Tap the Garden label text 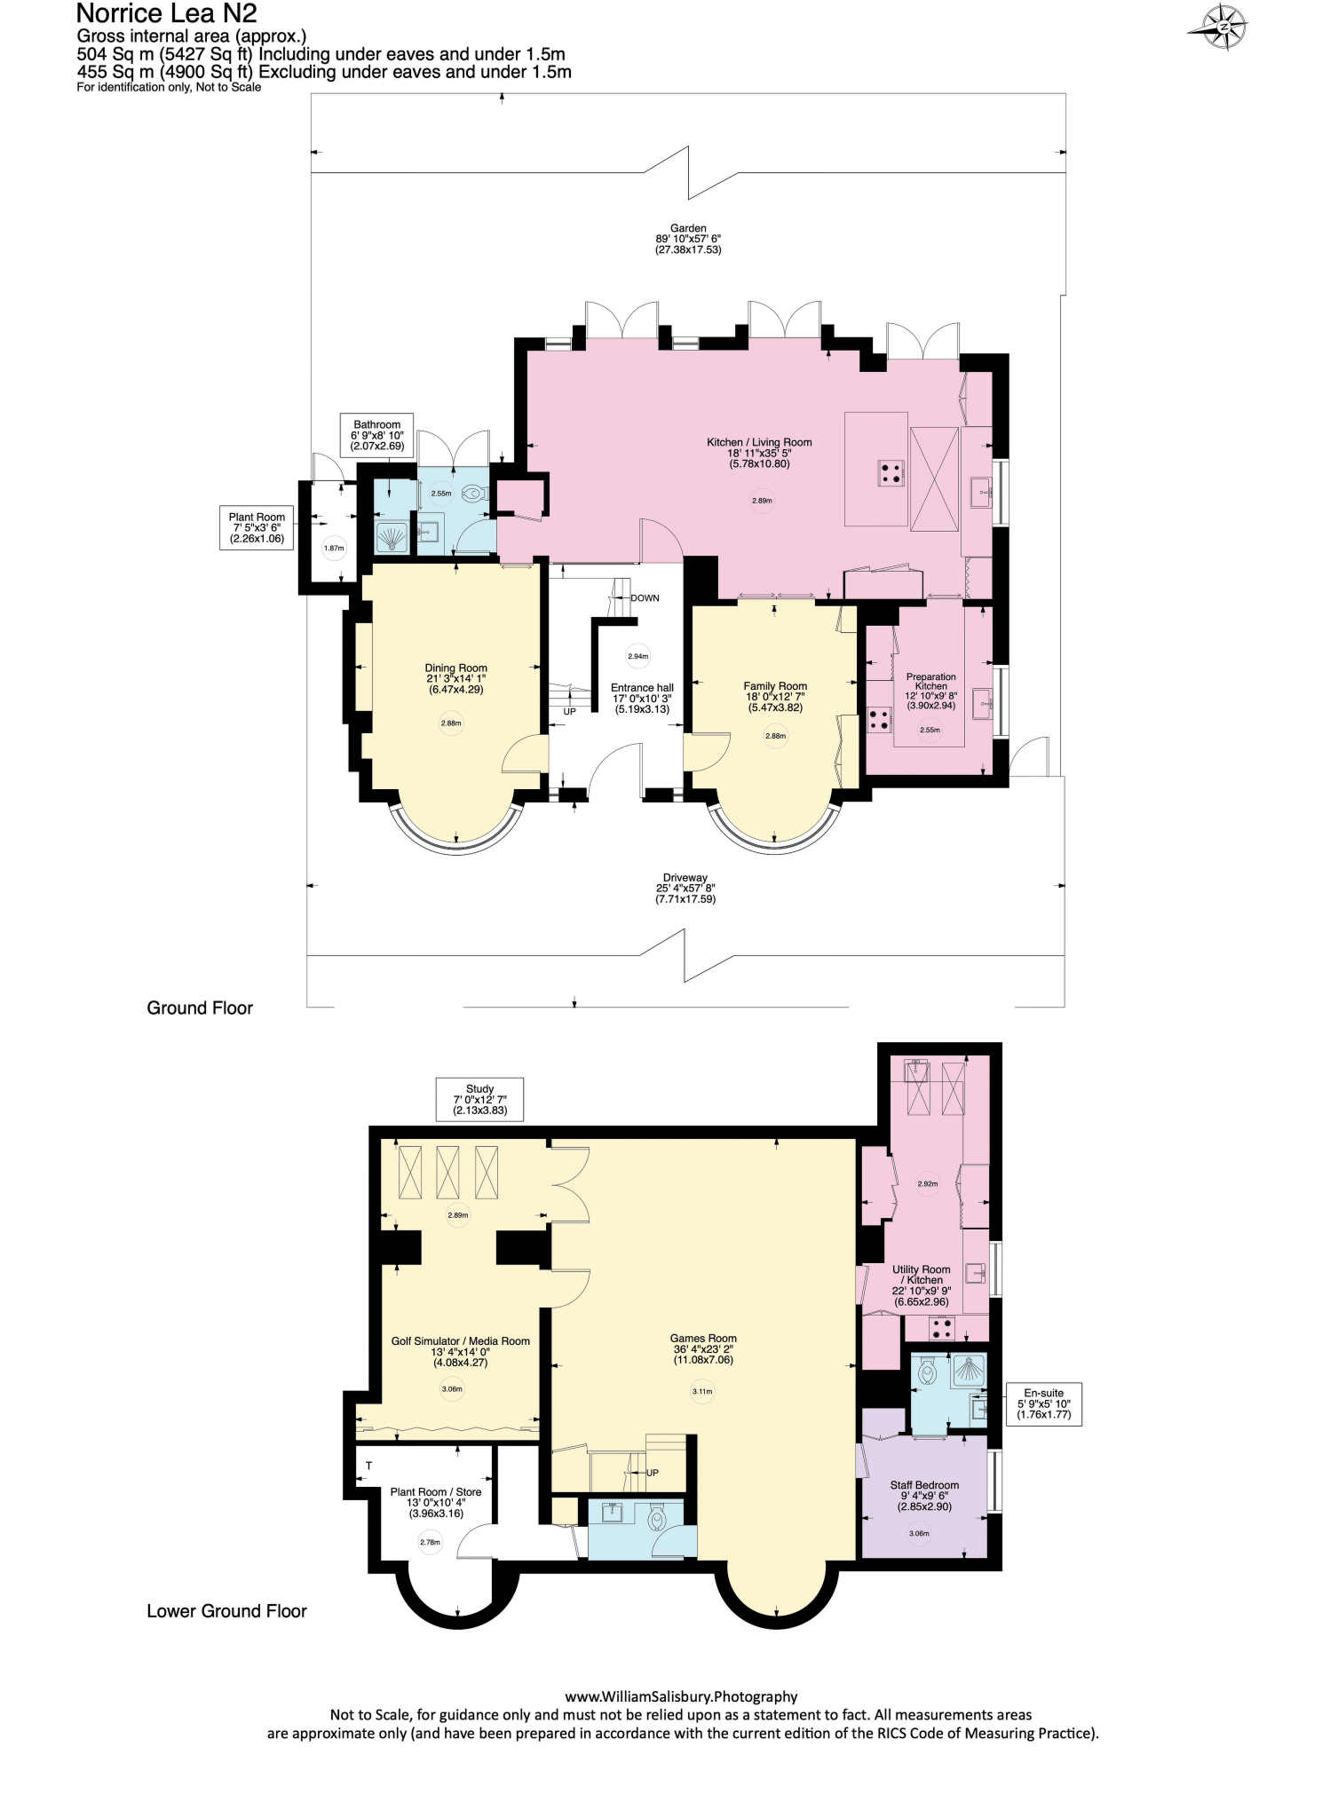(x=688, y=239)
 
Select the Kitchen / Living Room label (x=759, y=452)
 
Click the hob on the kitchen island (x=891, y=472)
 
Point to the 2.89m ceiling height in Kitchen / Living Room (x=762, y=501)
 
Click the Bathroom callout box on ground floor (x=377, y=435)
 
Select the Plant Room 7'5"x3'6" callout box (x=257, y=527)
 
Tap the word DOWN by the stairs (x=645, y=597)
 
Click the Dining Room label (x=455, y=678)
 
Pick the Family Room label (x=775, y=696)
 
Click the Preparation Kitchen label (x=930, y=691)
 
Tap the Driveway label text (x=685, y=888)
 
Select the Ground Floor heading (x=200, y=1008)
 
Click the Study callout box (x=479, y=1099)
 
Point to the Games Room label (x=703, y=1348)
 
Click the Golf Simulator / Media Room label (x=460, y=1351)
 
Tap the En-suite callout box (x=1043, y=1403)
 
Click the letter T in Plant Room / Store (x=369, y=1466)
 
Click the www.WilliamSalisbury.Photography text (x=681, y=1696)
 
